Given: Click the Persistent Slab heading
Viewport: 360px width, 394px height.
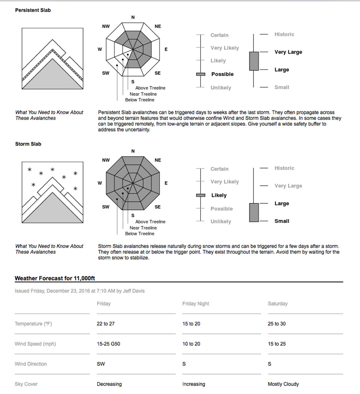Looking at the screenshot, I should pos(33,10).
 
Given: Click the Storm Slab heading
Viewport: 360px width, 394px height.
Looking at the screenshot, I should pos(28,144).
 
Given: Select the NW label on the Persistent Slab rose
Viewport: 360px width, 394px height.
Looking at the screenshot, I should pos(106,26).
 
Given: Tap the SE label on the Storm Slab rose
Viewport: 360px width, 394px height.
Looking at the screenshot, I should pos(158,207).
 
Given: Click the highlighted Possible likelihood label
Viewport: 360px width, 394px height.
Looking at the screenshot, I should pos(222,74).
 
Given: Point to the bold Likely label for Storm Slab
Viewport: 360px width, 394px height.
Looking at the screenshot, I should pos(219,195).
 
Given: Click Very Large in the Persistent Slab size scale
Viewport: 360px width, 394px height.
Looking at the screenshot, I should pos(288,52).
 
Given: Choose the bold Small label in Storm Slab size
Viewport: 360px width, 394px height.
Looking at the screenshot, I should pos(281,221).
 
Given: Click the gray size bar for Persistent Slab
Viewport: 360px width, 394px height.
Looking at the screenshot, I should pos(254,61).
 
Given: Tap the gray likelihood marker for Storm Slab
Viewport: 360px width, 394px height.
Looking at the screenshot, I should pos(201,195).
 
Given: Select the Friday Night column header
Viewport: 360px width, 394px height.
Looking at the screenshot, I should pos(196,304).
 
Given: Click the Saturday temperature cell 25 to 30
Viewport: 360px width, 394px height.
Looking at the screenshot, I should pos(277,324).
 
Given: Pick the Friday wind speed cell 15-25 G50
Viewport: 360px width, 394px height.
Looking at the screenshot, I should pos(108,344).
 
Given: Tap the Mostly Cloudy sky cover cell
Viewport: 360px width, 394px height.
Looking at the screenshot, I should pos(283,384).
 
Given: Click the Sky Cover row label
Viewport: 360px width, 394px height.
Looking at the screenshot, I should pos(26,384).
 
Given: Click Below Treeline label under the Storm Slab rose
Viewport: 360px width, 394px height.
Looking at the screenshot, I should pos(140,234).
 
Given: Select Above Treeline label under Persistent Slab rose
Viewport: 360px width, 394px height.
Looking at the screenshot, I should pos(151,88).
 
